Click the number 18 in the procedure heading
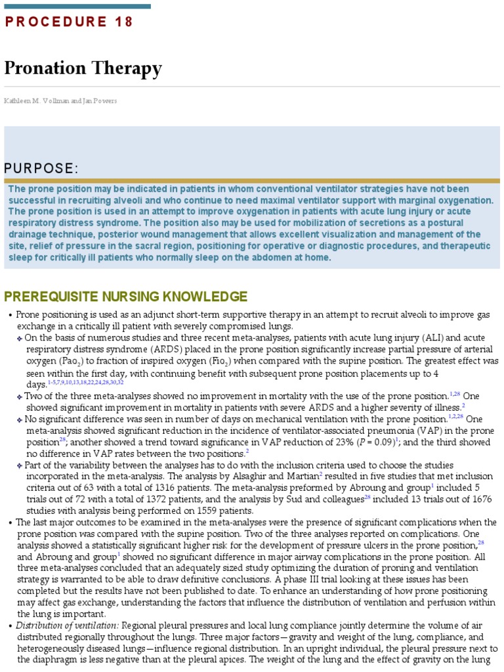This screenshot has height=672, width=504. click(x=123, y=22)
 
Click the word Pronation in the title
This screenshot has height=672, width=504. click(x=46, y=68)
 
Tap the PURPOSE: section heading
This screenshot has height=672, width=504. click(x=41, y=169)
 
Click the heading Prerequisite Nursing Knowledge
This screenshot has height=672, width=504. click(x=126, y=297)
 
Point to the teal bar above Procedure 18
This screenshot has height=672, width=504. click(x=77, y=6)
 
